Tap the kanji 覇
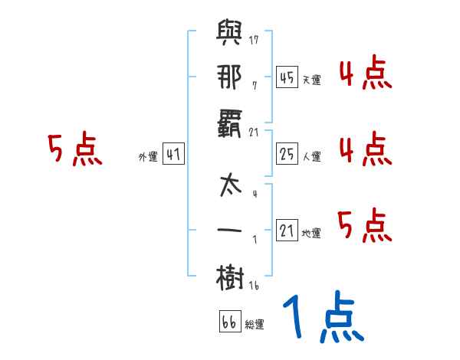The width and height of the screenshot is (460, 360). pos(231,123)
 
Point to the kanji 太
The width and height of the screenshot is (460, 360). pos(231,186)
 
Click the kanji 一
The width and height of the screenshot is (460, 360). pos(231,229)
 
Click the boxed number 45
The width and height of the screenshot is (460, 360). pos(287,77)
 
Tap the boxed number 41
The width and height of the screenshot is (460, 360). pos(174,155)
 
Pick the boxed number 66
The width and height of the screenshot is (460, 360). pos(229,322)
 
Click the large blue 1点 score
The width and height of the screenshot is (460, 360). pos(322,319)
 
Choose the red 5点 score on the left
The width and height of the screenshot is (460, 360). pos(74,149)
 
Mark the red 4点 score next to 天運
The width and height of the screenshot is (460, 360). pos(365,74)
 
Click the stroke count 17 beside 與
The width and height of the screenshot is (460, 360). pos(254,40)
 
